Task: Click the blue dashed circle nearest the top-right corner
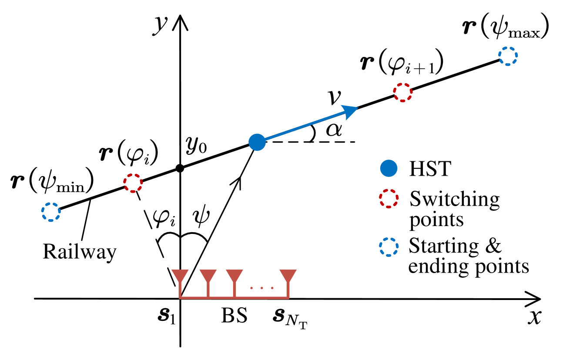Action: coord(508,56)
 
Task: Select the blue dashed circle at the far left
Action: coord(51,212)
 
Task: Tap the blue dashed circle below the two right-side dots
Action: coord(389,247)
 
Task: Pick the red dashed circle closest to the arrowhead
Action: coord(403,92)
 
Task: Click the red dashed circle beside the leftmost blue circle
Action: coord(133,183)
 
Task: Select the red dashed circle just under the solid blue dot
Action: coord(389,198)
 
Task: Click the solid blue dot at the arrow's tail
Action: coord(257,142)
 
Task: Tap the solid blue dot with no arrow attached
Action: coord(389,168)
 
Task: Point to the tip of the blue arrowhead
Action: coord(358,107)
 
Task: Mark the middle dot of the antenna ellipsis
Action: coord(261,288)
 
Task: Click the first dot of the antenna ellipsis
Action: coord(251,288)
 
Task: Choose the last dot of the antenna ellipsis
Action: coord(272,288)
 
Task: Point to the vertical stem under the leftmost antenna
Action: coord(180,290)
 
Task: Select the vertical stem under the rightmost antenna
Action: coord(288,290)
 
